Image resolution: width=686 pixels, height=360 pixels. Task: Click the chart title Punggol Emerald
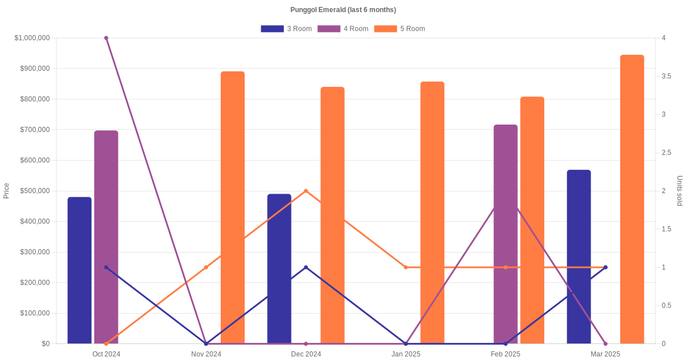[x=343, y=10]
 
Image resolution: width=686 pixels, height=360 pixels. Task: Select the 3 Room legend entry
[x=286, y=29]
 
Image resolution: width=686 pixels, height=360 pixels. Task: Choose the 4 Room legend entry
[x=342, y=29]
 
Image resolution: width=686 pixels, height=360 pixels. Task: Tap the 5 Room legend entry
[x=399, y=29]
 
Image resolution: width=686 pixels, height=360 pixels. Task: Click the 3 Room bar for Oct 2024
[x=79, y=270]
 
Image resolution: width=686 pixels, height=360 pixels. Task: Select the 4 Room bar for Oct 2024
[x=106, y=237]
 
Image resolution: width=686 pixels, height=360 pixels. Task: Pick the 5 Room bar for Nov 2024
[x=233, y=207]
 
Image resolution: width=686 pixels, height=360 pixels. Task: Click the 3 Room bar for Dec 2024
[x=279, y=269]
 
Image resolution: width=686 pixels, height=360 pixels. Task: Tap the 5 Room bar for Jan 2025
[x=432, y=213]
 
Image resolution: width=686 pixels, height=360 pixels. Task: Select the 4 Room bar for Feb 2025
[x=505, y=234]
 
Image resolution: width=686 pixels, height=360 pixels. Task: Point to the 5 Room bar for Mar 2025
[x=632, y=199]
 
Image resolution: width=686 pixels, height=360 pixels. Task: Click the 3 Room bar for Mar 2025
[x=579, y=257]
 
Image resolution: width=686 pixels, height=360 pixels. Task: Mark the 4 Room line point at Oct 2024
[x=106, y=38]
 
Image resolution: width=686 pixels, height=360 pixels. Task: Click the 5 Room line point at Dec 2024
[x=306, y=191]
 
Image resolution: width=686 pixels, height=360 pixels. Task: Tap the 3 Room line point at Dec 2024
[x=306, y=267]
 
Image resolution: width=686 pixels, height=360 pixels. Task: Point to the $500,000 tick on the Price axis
[x=34, y=191]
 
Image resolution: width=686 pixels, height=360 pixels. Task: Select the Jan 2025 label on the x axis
[x=406, y=354]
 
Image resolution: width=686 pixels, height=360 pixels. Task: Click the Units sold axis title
[x=679, y=191]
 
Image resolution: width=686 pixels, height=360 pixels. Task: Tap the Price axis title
[x=6, y=191]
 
